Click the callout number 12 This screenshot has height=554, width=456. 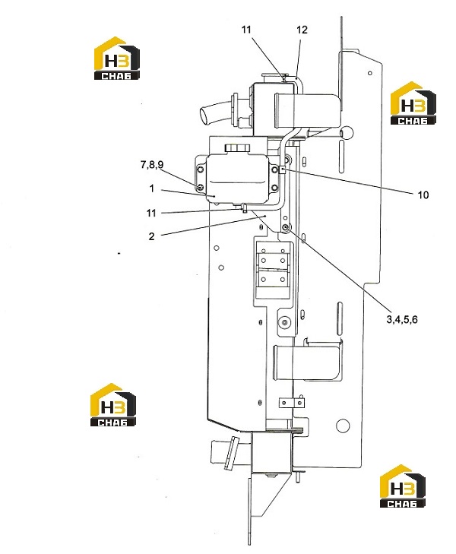[302, 30]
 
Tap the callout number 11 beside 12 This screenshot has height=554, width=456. [246, 30]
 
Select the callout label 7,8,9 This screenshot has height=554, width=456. [152, 165]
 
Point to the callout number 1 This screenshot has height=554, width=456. [152, 188]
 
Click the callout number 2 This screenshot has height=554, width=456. [151, 236]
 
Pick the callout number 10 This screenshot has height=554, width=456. [423, 195]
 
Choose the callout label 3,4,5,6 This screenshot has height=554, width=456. [402, 319]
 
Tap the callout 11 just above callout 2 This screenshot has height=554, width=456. [151, 213]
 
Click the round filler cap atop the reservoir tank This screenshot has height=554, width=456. [237, 147]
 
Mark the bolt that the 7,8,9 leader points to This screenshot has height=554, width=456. [201, 187]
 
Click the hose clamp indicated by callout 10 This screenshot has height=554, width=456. [283, 170]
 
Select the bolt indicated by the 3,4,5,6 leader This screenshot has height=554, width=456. [286, 226]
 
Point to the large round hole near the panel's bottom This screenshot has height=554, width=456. [342, 426]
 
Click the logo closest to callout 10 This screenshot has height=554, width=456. [413, 103]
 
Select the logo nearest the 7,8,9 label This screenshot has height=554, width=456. [117, 58]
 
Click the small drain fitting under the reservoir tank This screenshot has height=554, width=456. [244, 207]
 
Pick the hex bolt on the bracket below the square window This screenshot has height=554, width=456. [284, 322]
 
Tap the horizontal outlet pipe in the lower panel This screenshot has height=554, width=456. [306, 362]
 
